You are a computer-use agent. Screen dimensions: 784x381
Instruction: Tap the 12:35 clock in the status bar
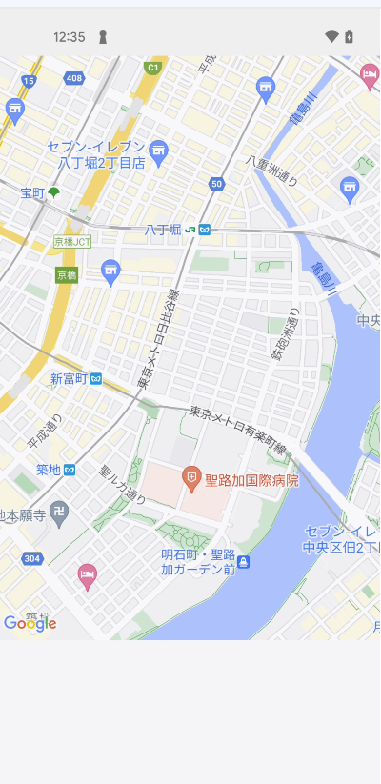click(69, 37)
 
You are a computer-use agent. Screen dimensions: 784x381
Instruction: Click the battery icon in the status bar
click(350, 37)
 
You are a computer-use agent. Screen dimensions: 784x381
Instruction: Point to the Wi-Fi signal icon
click(331, 37)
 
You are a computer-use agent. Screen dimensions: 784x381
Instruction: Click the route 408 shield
click(74, 78)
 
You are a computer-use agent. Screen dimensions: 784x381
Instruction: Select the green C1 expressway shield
click(151, 68)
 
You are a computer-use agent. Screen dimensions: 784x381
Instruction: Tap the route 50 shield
click(217, 184)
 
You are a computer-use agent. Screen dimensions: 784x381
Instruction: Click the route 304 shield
click(31, 558)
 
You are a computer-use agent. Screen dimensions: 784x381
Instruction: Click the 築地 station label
click(49, 470)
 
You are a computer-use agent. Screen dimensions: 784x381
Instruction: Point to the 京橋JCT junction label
click(72, 242)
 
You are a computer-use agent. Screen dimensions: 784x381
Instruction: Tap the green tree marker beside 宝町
click(53, 192)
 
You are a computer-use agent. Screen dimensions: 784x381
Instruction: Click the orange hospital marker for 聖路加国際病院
click(191, 475)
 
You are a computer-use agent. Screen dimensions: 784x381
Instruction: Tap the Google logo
click(30, 624)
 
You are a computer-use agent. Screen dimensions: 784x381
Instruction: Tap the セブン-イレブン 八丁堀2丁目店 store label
click(100, 154)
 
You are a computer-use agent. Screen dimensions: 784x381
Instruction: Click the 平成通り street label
click(45, 432)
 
